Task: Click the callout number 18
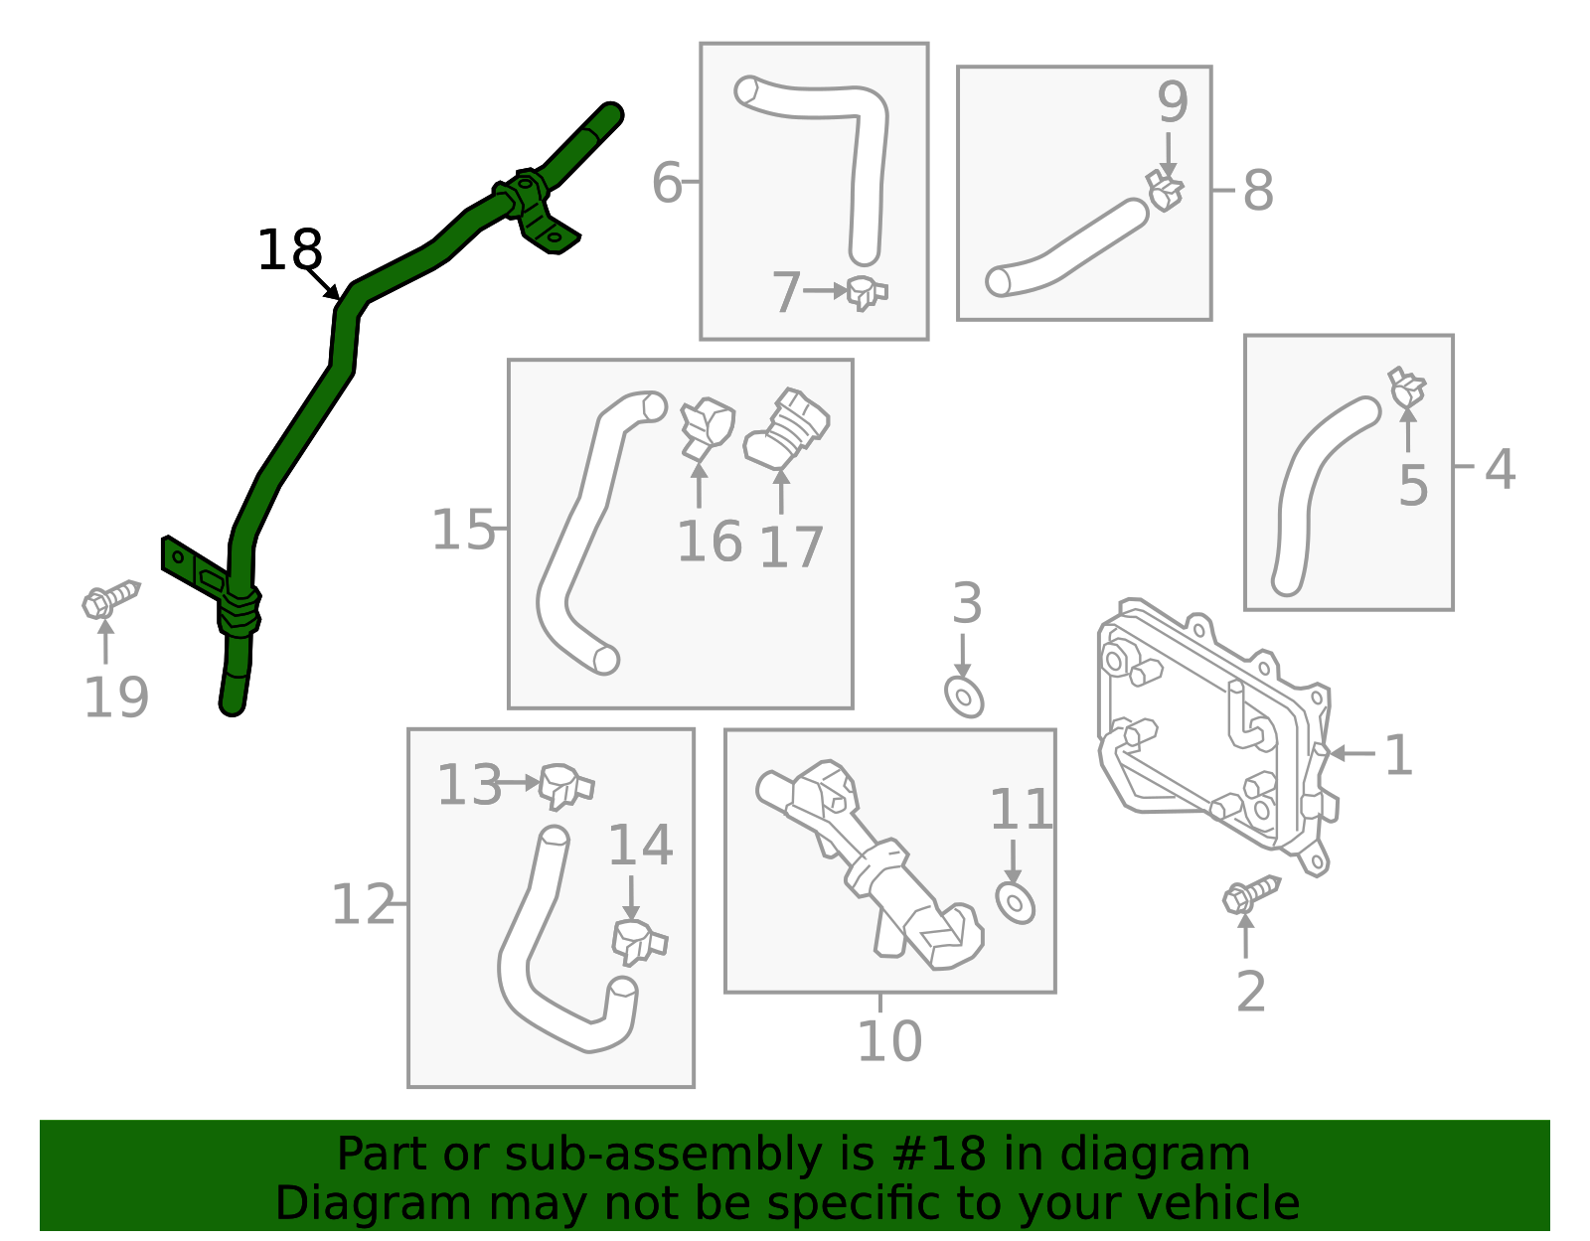289,250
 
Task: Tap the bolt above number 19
109,599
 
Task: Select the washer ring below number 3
964,697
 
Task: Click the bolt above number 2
1249,893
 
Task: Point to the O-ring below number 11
1015,903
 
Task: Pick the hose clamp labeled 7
866,293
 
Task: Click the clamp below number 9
1165,190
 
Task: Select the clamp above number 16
705,427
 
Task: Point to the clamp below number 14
638,941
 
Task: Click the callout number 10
889,1041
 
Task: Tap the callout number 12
364,905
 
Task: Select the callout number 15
463,531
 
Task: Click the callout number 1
1398,755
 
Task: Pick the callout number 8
1258,191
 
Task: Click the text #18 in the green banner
938,1155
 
